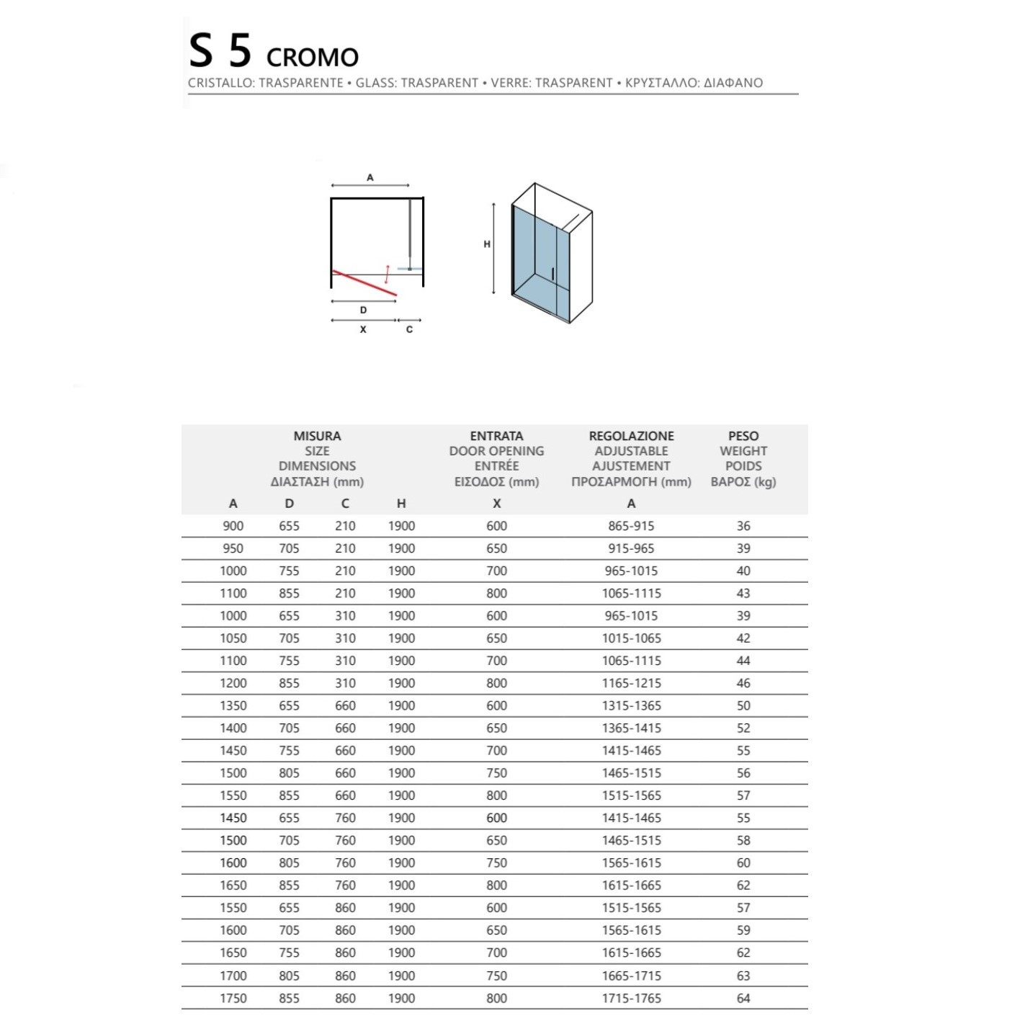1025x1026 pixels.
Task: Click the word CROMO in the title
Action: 312,57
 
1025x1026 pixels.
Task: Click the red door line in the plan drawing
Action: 364,282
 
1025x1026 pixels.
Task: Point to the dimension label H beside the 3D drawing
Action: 487,244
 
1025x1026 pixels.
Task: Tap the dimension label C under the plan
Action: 409,330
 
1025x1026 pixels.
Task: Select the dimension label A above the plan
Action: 370,177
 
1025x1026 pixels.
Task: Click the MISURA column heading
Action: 317,436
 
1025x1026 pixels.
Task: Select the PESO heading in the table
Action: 743,436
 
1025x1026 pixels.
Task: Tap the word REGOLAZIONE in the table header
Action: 631,436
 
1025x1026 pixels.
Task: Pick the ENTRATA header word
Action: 496,436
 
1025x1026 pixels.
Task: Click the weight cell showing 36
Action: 743,526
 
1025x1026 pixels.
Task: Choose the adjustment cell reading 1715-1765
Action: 631,999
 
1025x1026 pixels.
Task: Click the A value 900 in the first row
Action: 233,526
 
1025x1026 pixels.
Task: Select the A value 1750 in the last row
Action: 233,999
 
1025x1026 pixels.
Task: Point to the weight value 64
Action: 743,999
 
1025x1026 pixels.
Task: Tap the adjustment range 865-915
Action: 631,526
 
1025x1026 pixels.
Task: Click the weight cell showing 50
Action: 743,706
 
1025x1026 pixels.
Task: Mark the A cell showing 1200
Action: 233,683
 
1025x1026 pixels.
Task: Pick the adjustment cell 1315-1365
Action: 631,706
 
